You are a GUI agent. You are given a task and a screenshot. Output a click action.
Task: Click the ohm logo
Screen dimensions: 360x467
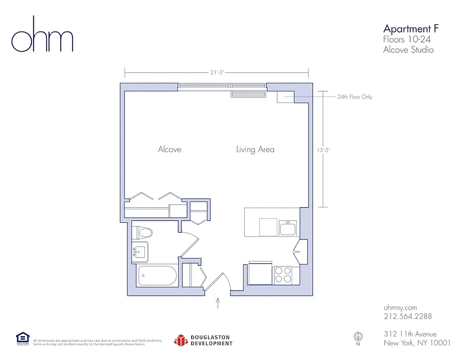coord(42,36)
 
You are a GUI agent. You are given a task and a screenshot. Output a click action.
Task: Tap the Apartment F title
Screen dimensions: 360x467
coord(410,29)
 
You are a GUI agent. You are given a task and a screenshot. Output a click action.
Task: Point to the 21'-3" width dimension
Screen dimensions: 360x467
coord(216,72)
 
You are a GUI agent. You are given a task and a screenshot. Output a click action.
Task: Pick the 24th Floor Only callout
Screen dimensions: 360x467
coord(355,97)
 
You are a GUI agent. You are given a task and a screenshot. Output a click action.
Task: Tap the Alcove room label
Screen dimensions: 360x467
coord(170,149)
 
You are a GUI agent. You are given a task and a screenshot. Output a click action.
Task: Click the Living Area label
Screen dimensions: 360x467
coord(255,149)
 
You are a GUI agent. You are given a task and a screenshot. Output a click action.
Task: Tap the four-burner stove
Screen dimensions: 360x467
coord(283,275)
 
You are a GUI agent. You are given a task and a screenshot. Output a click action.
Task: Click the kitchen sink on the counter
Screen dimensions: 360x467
coord(287,228)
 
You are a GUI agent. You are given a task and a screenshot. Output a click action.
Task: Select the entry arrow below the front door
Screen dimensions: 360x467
coord(219,303)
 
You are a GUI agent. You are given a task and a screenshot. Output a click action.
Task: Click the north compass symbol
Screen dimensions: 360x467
coord(358,337)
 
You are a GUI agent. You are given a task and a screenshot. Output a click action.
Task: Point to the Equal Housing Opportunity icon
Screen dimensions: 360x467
coord(22,339)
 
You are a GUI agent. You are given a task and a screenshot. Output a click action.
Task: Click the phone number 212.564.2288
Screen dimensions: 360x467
coord(408,316)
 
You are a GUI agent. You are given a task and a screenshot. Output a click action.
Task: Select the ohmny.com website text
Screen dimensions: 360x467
coord(400,307)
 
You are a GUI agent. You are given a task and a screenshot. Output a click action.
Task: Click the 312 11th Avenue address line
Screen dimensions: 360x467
coord(410,334)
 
